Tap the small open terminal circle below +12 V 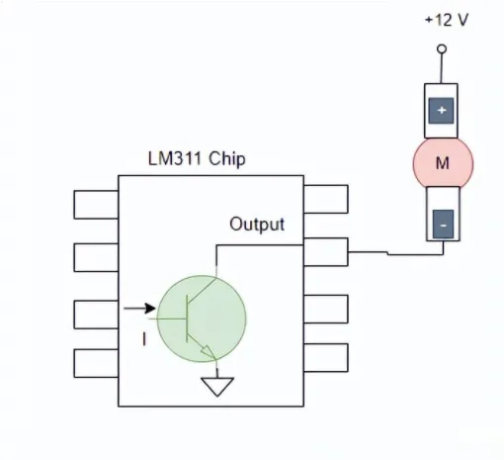tap(442, 48)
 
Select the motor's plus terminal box tap(442, 110)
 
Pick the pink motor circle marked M tap(442, 163)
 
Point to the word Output tap(257, 225)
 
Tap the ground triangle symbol tap(215, 387)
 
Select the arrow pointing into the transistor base tap(138, 308)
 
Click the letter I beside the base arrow tap(144, 339)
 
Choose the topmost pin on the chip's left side tap(96, 204)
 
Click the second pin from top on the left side tap(96, 257)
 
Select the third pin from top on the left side tap(96, 313)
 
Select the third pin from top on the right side tap(325, 308)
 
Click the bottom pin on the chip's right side tap(325, 357)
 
